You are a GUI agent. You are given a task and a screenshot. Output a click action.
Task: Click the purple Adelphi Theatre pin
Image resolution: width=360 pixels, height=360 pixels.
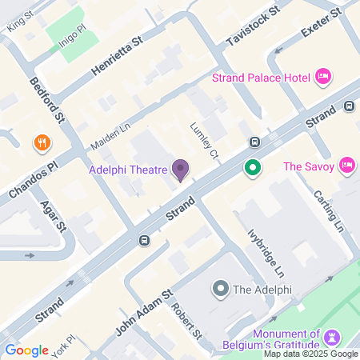[181, 170]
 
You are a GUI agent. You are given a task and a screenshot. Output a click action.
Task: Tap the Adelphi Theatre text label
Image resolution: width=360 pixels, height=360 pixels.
[127, 169]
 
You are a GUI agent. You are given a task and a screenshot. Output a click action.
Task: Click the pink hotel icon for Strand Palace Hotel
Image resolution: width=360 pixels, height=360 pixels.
[323, 77]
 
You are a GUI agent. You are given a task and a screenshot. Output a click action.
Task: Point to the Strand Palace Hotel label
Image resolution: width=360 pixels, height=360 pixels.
[262, 78]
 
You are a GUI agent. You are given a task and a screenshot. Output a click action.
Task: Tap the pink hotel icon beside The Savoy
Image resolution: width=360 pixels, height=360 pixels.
[347, 166]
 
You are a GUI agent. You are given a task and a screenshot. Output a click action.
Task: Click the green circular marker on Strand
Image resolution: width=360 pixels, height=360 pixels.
[254, 168]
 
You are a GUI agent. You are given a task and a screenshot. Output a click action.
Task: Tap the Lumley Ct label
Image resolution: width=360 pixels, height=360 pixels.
[204, 140]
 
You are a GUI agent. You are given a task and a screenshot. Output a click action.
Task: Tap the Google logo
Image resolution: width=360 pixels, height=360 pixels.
[26, 350]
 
